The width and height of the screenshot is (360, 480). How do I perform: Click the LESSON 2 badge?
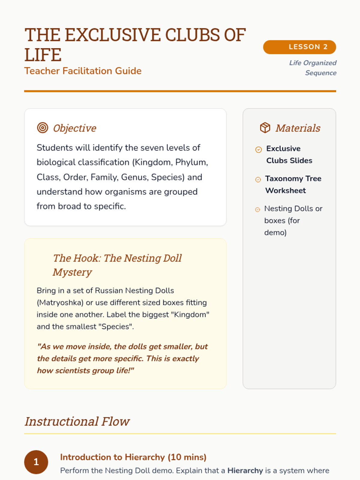click(299, 47)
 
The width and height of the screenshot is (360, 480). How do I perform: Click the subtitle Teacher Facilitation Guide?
click(83, 71)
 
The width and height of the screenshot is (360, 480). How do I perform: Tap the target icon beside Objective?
click(43, 128)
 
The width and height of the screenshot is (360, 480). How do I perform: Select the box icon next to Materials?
click(265, 128)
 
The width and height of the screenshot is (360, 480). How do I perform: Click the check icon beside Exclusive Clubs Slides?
click(258, 149)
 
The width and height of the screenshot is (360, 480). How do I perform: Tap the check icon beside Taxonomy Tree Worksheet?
click(258, 179)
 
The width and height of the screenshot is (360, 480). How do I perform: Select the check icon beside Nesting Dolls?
click(257, 209)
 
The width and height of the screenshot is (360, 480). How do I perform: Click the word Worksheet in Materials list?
click(286, 190)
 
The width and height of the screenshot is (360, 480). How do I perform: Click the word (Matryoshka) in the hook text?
click(60, 302)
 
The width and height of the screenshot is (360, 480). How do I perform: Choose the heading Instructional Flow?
click(77, 421)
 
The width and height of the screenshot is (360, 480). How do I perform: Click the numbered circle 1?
click(36, 462)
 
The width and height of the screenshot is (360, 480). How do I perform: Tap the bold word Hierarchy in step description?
click(245, 470)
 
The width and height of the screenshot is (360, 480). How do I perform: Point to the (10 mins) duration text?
click(187, 457)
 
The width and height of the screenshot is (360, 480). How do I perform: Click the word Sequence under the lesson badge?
click(321, 73)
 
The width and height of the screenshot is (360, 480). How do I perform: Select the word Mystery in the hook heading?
click(72, 272)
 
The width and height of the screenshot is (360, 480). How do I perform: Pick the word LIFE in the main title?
click(43, 55)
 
